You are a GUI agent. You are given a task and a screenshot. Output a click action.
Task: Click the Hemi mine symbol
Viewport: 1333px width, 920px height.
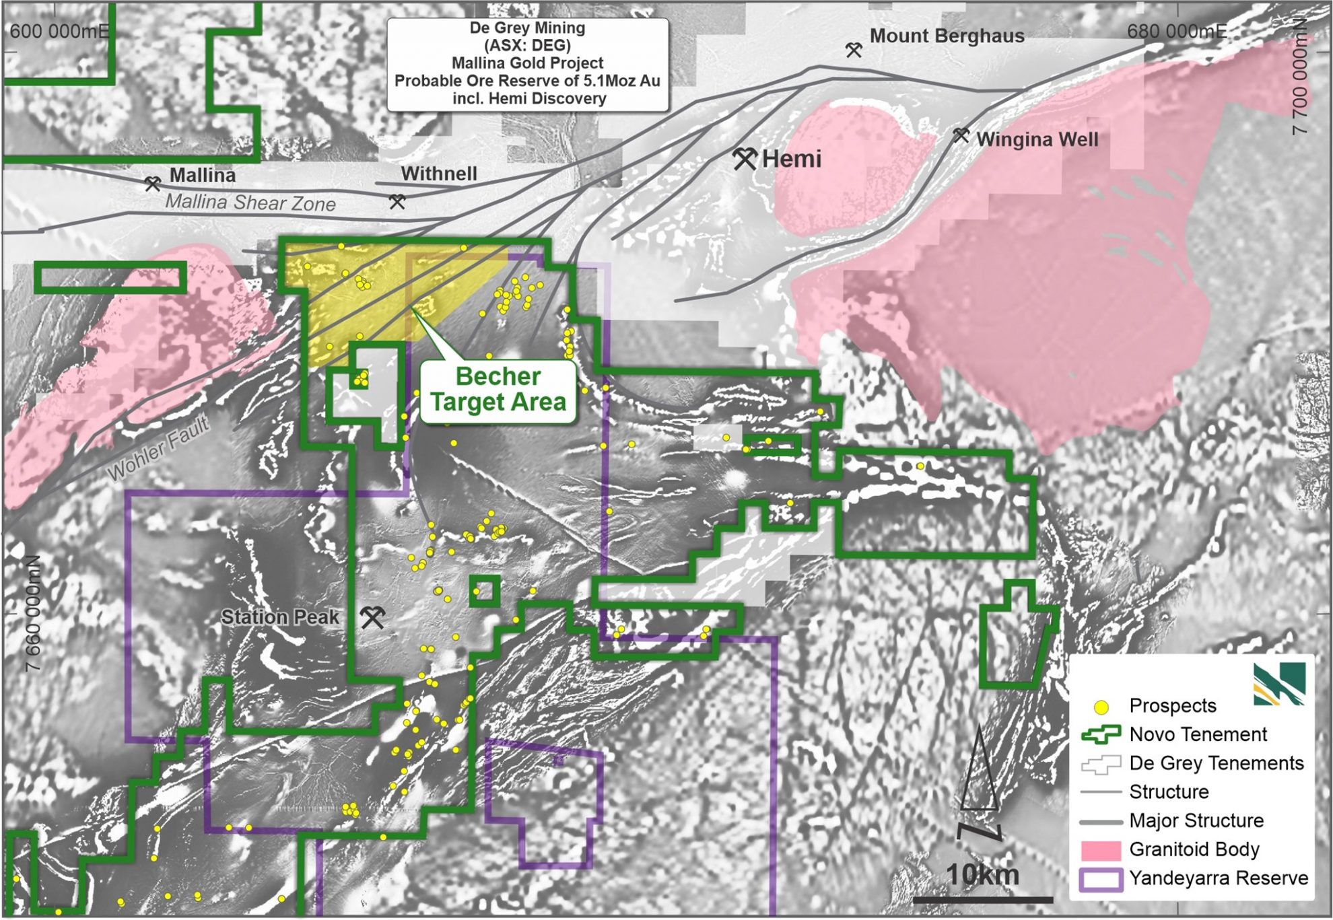coord(745,158)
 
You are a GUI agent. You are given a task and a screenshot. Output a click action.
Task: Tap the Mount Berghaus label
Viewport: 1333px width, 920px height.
coord(947,36)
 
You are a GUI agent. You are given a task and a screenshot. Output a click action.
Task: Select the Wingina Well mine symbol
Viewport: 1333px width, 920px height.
coord(961,136)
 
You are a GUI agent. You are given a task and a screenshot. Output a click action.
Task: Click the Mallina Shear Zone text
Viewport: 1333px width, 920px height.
coord(250,203)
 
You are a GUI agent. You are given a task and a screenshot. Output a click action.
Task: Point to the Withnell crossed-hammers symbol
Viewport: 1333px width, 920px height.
coord(397,201)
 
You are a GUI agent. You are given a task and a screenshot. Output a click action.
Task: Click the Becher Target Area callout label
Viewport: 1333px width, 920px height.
coord(498,390)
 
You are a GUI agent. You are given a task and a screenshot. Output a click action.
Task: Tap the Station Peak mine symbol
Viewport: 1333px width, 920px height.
coord(372,616)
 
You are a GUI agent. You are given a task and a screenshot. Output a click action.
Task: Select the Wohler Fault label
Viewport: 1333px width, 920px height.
coord(158,449)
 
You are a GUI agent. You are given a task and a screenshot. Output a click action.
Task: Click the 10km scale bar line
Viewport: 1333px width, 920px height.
coord(982,899)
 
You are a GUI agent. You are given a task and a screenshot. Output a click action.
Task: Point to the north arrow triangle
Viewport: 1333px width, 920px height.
coord(979,774)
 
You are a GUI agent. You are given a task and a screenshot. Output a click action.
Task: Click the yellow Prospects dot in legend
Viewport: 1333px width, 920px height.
coord(1101,707)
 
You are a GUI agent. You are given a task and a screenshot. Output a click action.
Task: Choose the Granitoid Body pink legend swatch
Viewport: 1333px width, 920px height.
coord(1101,850)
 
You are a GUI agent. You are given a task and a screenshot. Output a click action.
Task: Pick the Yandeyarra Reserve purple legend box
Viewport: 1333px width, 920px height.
coord(1101,879)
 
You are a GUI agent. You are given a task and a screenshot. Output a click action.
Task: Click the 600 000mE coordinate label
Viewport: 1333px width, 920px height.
coord(59,31)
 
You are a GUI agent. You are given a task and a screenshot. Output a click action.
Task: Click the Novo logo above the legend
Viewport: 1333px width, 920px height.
coord(1279,683)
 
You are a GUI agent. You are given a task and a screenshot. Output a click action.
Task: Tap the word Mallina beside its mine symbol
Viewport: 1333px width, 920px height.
coord(202,175)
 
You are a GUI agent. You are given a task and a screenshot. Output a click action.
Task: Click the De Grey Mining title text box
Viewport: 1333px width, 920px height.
coord(527,63)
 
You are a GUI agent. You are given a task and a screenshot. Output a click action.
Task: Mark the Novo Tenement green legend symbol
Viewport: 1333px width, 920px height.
coord(1101,734)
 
